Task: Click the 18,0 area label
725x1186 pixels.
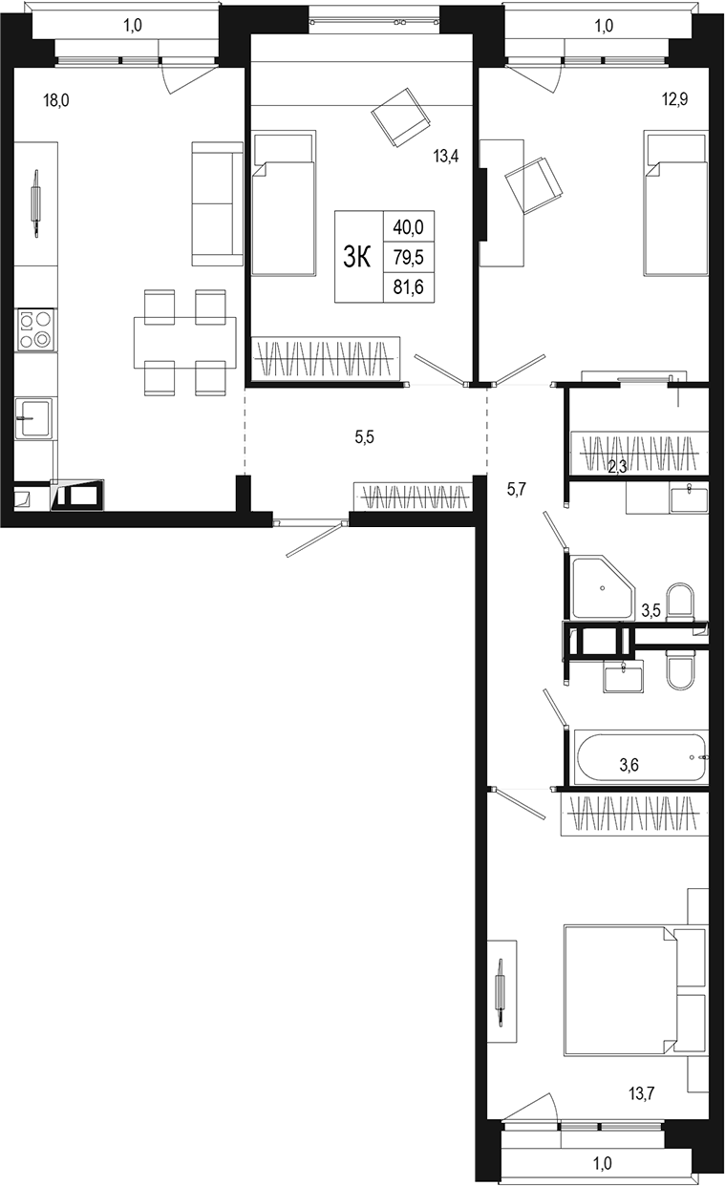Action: click(x=56, y=97)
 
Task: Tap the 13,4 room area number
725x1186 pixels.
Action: click(x=446, y=157)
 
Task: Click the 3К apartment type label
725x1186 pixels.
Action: click(x=357, y=257)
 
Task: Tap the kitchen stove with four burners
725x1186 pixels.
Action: click(x=35, y=329)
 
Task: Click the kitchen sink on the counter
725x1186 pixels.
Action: click(x=34, y=417)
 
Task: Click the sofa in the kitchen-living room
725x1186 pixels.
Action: click(x=217, y=203)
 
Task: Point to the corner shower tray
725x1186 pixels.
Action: click(x=602, y=586)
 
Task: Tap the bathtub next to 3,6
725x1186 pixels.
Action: click(x=640, y=756)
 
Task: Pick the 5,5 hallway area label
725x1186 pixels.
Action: click(x=365, y=437)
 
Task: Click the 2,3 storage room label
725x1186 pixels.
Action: click(x=618, y=466)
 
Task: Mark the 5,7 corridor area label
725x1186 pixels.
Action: click(x=516, y=489)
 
